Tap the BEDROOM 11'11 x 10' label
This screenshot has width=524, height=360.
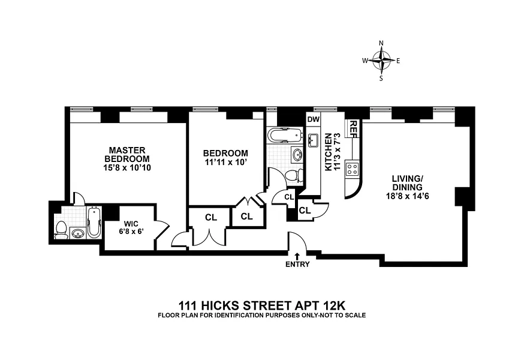point(225,157)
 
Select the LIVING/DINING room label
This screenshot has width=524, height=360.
point(408,186)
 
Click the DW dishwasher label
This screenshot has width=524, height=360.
point(314,119)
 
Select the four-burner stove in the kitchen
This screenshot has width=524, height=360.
point(352,167)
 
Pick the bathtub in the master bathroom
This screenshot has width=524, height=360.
point(94,223)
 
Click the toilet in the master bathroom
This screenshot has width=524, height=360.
point(61,230)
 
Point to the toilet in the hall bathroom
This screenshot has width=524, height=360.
point(292,176)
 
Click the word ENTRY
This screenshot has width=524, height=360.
point(297,265)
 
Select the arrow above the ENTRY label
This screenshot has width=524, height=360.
point(297,256)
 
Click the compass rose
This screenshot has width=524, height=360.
point(381,60)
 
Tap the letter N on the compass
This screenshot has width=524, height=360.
point(381,43)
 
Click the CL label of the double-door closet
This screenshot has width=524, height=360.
point(210,218)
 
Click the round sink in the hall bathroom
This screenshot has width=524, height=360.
point(297,155)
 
